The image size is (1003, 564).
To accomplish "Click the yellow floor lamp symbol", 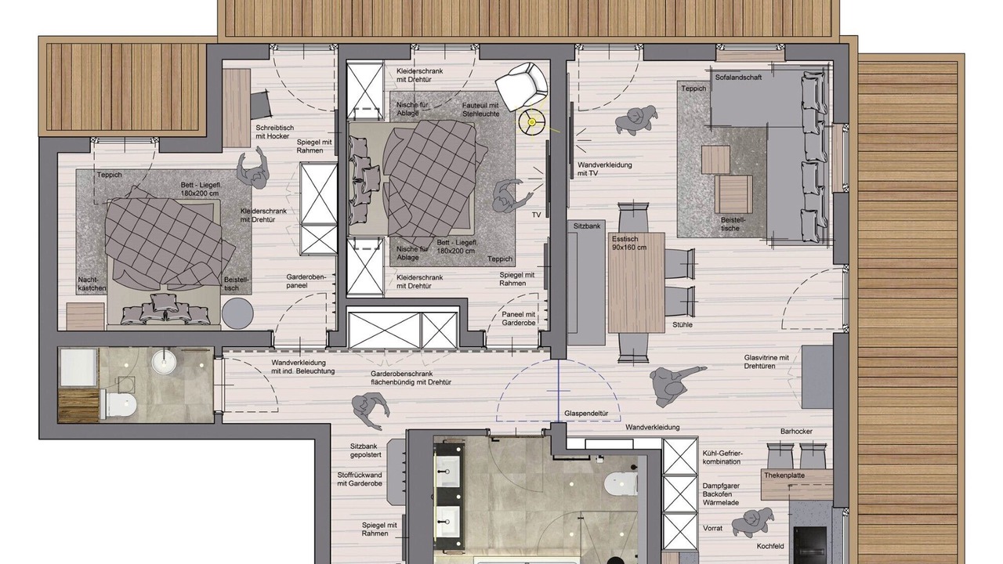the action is click(x=531, y=121).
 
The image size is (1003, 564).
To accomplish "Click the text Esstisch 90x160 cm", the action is click(x=629, y=243).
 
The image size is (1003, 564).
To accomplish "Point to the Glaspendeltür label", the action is click(x=586, y=414).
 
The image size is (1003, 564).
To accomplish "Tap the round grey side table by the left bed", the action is click(x=237, y=313).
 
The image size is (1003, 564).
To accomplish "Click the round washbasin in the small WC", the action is click(x=165, y=362).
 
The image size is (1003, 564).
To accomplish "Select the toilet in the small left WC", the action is click(x=118, y=404).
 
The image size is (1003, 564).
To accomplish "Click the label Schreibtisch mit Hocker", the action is click(x=275, y=132).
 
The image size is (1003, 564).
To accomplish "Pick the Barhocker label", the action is click(x=796, y=432).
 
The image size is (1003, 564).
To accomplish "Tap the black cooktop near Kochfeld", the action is click(x=809, y=545).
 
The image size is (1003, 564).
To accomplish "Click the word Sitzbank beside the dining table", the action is click(x=587, y=226).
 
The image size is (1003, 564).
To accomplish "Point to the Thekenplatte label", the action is click(x=784, y=475).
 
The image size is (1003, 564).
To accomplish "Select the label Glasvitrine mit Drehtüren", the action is click(x=766, y=362).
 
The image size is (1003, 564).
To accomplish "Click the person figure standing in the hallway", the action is click(x=370, y=410).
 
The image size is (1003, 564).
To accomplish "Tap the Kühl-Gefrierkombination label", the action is click(x=722, y=457).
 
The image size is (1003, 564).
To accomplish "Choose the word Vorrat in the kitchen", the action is click(x=712, y=528).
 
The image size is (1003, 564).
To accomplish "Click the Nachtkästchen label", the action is click(x=92, y=284).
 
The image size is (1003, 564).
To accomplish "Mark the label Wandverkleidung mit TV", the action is click(x=604, y=168).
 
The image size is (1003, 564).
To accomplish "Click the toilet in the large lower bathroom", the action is click(x=621, y=484).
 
